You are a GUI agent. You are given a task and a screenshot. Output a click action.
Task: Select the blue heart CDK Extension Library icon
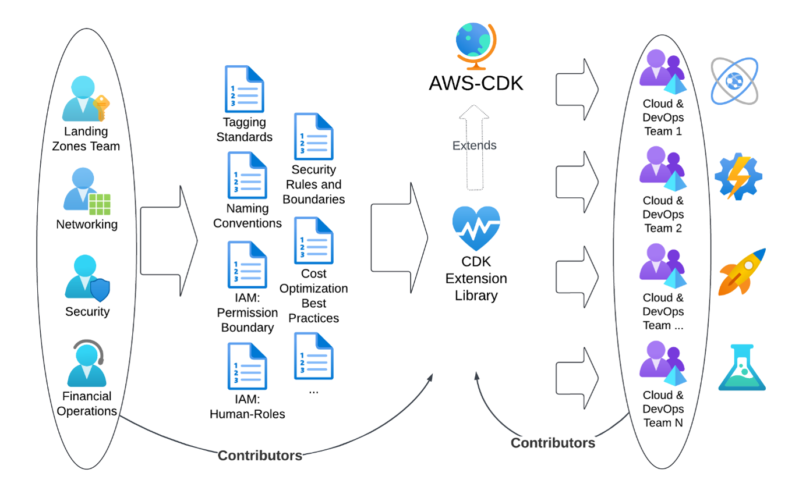point(476,229)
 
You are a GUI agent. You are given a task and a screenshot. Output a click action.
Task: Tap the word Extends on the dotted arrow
point(475,145)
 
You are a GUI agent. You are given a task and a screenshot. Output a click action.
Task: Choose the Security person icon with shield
point(87,278)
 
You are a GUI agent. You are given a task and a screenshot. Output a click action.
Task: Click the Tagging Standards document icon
point(245,89)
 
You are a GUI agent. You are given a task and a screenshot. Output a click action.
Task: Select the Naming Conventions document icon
point(247,175)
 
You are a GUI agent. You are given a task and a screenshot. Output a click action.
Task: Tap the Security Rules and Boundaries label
point(314,184)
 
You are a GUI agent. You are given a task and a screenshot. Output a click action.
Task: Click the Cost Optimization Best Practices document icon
point(314,241)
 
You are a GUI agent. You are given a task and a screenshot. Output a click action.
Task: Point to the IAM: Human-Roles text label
point(247,407)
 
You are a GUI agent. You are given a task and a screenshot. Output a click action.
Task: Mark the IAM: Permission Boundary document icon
point(247,265)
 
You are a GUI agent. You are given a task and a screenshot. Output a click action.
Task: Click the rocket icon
point(741,272)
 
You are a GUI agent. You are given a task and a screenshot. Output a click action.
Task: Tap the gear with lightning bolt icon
point(738,176)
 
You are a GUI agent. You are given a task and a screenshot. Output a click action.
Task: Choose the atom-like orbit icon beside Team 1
point(734,81)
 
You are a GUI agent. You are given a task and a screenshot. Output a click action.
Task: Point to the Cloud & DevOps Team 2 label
point(663,214)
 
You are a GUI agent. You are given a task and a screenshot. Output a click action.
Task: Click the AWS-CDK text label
point(476,83)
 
